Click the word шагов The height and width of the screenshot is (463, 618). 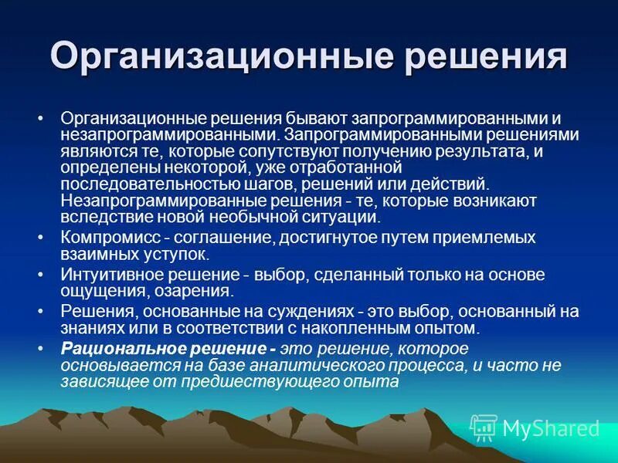pos(273,185)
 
